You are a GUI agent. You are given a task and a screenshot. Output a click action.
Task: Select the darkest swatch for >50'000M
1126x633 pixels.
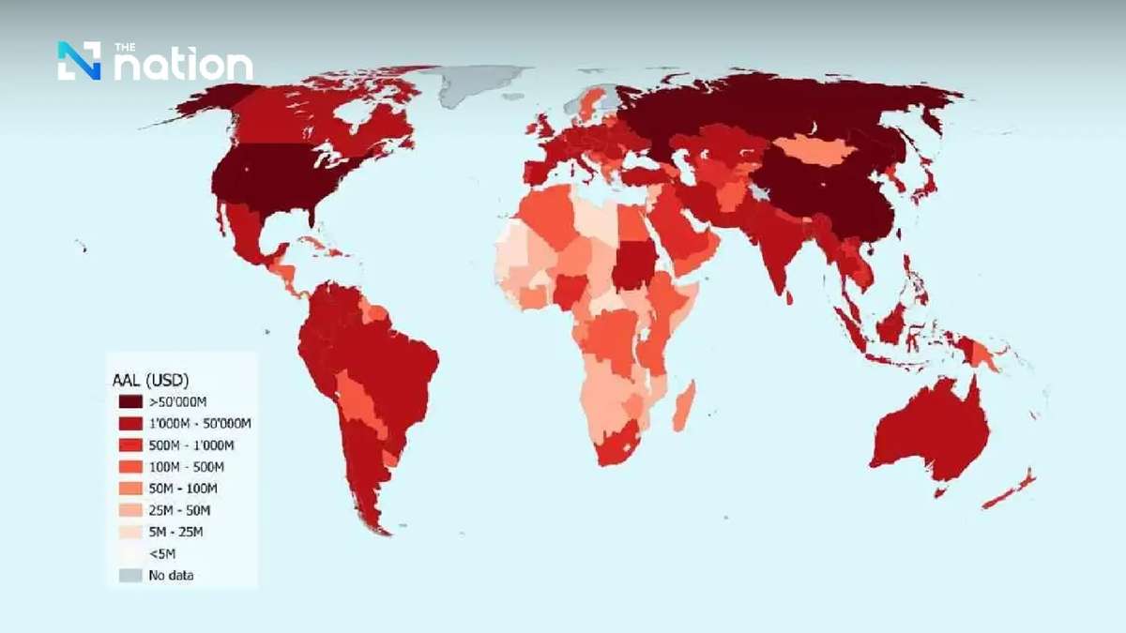pyautogui.click(x=130, y=401)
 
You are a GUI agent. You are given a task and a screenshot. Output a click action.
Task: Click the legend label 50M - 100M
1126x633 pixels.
pyautogui.click(x=182, y=489)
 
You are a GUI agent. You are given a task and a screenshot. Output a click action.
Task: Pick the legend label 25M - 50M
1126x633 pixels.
pyautogui.click(x=179, y=510)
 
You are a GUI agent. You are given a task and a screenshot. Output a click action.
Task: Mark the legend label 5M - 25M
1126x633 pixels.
pyautogui.click(x=175, y=532)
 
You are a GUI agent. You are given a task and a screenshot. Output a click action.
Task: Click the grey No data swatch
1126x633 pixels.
pyautogui.click(x=130, y=575)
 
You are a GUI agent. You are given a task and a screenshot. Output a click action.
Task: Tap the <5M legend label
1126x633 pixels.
pyautogui.click(x=162, y=553)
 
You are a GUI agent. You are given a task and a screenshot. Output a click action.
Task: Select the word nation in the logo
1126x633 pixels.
pyautogui.click(x=183, y=66)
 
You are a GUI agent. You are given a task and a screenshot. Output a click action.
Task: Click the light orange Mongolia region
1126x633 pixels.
pyautogui.click(x=814, y=148)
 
